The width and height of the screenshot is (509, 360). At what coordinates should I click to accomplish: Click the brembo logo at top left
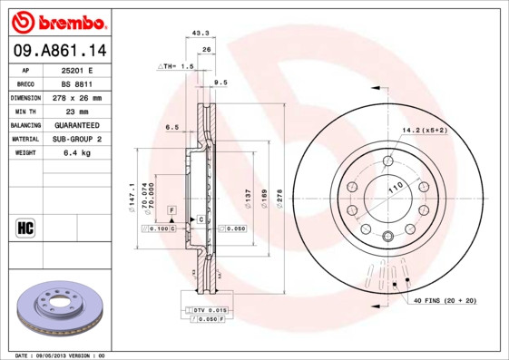point(55,20)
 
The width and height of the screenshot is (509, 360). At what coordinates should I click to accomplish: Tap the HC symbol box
point(25,227)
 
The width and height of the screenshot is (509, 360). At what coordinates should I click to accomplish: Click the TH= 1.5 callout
point(177,67)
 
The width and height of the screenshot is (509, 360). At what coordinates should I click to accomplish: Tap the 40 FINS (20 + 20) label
point(445,299)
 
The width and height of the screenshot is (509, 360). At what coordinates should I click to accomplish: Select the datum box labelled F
point(170,209)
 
